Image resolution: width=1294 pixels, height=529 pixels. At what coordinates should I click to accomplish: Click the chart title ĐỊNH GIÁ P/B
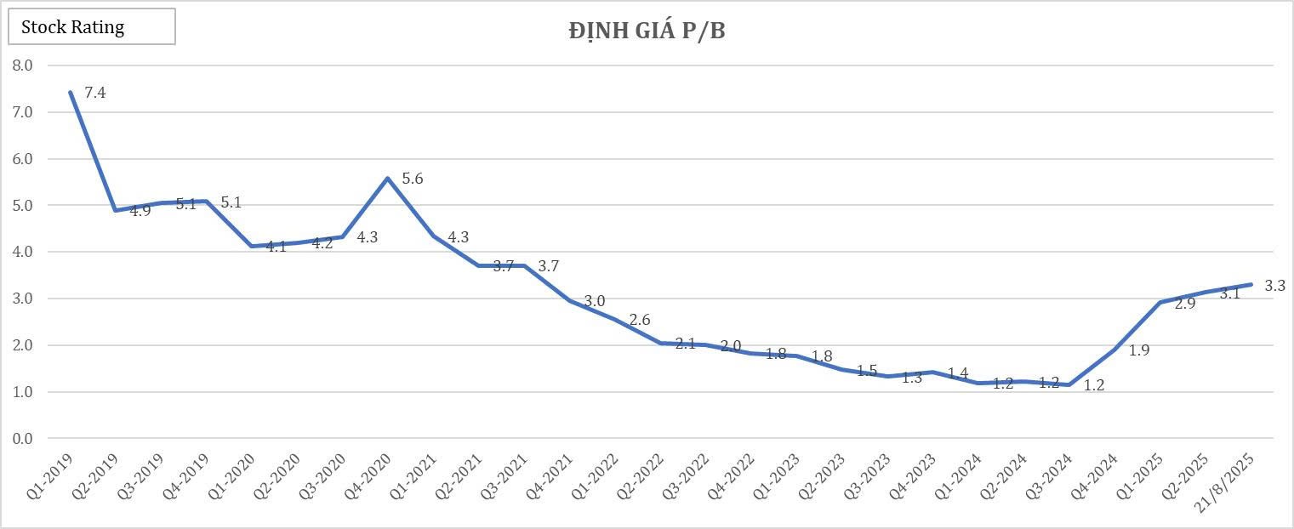click(x=647, y=31)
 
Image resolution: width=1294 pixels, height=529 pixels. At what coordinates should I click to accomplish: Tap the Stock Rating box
click(x=91, y=26)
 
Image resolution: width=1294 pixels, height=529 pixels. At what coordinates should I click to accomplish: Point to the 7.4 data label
click(x=95, y=93)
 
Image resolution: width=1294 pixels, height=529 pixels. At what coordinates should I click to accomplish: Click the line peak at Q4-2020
click(x=388, y=178)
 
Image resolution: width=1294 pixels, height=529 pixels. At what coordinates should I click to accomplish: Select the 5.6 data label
click(x=413, y=179)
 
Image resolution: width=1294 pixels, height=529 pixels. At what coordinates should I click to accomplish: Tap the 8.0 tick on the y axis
click(x=22, y=65)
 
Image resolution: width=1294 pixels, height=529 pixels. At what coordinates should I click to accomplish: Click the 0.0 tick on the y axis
click(x=22, y=439)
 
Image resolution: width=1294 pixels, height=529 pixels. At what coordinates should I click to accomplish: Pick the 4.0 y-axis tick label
click(x=22, y=252)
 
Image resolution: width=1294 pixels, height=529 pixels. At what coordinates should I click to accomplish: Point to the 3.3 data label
click(x=1274, y=286)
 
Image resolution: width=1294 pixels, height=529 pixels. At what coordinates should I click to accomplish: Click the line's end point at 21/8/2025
click(x=1251, y=284)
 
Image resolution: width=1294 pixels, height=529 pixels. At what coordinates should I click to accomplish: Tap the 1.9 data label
click(x=1139, y=350)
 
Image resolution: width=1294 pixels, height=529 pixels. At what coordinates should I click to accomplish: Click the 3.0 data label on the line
click(x=595, y=301)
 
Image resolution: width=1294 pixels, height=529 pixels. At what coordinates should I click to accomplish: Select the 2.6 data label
click(x=640, y=320)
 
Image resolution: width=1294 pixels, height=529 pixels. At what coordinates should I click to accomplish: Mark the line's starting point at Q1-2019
click(x=71, y=93)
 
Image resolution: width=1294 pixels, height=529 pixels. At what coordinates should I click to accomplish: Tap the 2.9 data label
click(x=1184, y=303)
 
